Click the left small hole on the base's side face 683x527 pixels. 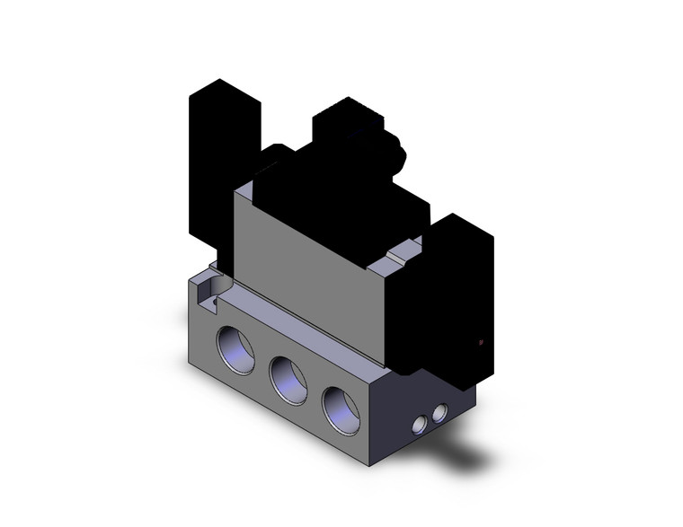(418, 424)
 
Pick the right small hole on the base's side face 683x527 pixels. (439, 413)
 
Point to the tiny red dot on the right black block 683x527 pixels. (482, 342)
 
